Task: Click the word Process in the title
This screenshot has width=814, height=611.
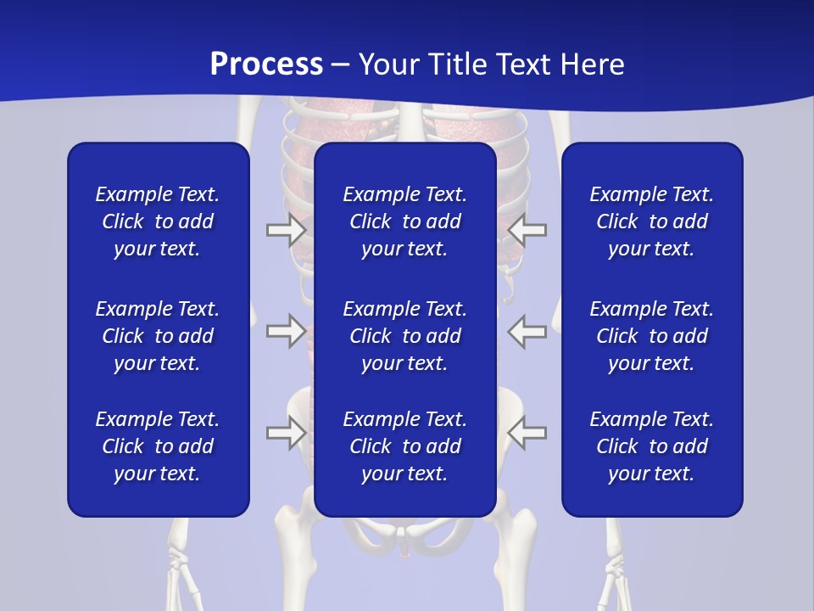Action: pyautogui.click(x=266, y=64)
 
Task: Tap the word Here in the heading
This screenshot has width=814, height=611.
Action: pyautogui.click(x=592, y=64)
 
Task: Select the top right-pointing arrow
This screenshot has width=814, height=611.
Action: pyautogui.click(x=287, y=230)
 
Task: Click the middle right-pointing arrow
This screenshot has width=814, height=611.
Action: pyautogui.click(x=287, y=330)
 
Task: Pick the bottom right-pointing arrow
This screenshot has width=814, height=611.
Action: pyautogui.click(x=287, y=433)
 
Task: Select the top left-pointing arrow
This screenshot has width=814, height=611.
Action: pyautogui.click(x=527, y=230)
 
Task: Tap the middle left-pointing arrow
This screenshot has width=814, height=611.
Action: pyautogui.click(x=527, y=330)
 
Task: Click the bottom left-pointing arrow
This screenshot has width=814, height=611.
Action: pyautogui.click(x=527, y=433)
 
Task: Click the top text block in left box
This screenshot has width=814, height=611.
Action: pyautogui.click(x=158, y=221)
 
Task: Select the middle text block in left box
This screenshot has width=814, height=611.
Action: pyautogui.click(x=158, y=336)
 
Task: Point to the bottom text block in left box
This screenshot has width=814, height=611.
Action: pyautogui.click(x=158, y=446)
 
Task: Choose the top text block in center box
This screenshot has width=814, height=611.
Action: pyautogui.click(x=404, y=221)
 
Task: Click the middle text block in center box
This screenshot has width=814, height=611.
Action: pyautogui.click(x=404, y=336)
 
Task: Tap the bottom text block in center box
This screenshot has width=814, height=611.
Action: pyautogui.click(x=404, y=446)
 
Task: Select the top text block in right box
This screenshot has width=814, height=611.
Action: pyautogui.click(x=651, y=221)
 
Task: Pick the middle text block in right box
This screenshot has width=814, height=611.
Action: pyautogui.click(x=651, y=336)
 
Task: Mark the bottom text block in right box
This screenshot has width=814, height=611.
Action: pyautogui.click(x=651, y=446)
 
